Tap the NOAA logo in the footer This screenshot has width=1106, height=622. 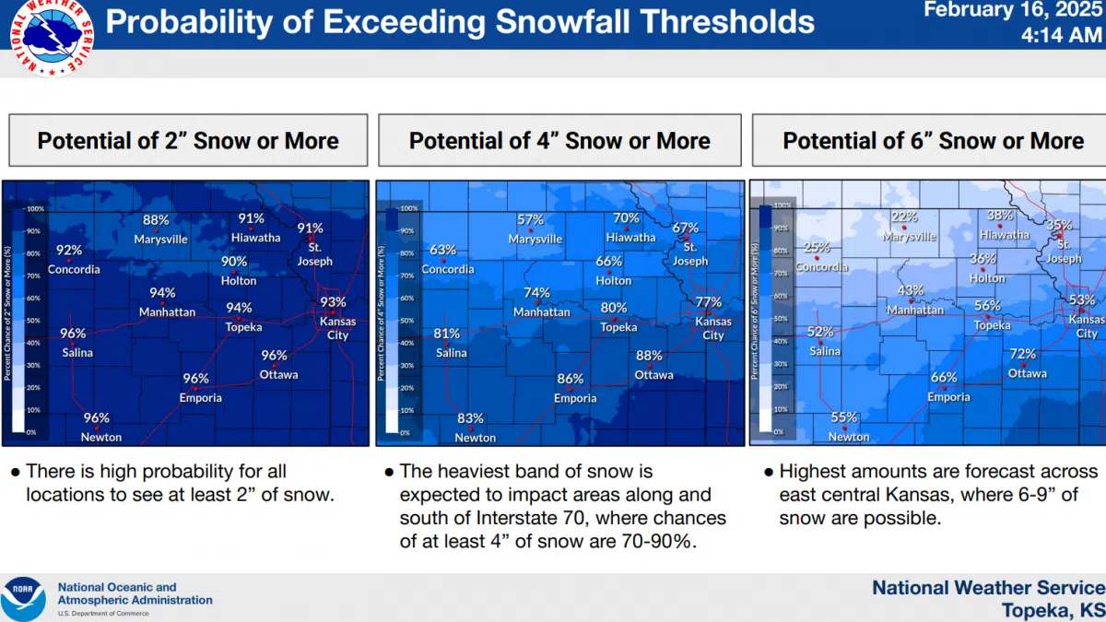tap(23, 598)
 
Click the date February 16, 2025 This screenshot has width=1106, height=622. tap(1014, 10)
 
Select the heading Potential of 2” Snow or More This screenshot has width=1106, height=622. tap(188, 141)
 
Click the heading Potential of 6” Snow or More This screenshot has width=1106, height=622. tap(933, 141)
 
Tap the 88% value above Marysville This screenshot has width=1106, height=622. tap(156, 220)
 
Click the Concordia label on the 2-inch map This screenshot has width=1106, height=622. tap(74, 269)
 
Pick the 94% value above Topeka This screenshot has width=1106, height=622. tap(239, 308)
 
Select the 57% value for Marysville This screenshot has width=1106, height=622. tap(530, 220)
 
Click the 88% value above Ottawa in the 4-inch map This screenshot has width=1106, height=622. tap(649, 356)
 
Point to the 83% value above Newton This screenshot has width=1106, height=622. tap(470, 418)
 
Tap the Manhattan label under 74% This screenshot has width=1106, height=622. tap(542, 311)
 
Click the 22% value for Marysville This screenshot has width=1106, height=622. tap(904, 217)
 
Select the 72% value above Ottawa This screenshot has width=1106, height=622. tap(1022, 354)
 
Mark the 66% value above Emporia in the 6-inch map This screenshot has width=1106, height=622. tap(944, 378)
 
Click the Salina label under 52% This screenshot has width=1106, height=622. tap(825, 350)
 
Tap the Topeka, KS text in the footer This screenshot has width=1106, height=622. tap(1053, 610)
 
